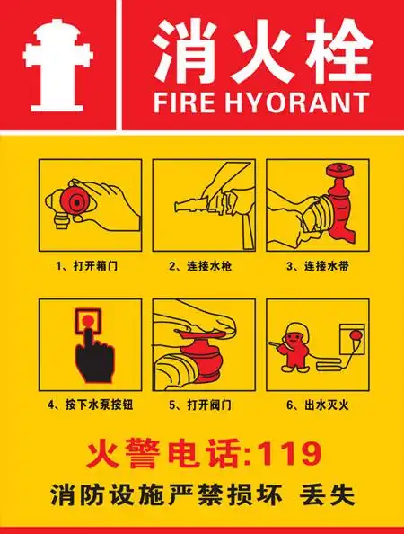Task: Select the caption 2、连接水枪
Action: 202,267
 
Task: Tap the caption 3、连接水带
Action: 318,267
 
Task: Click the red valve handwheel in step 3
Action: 340,172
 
